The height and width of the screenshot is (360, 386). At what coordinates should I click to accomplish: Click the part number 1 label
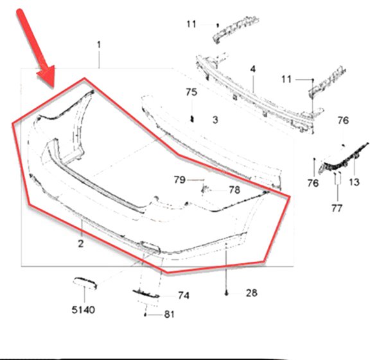tap(99, 45)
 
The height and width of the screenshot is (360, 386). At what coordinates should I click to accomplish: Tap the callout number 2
tap(81, 243)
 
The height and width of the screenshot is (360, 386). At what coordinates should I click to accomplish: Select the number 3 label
tap(215, 120)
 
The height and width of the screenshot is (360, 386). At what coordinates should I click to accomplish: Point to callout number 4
tap(253, 69)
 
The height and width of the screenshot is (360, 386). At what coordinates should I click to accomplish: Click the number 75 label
tap(191, 92)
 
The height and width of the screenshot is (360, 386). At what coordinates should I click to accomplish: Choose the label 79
tap(179, 180)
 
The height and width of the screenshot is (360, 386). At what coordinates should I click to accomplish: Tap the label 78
tap(234, 190)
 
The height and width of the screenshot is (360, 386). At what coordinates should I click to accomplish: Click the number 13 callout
tap(355, 182)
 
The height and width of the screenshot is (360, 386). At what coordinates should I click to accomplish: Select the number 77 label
tap(337, 209)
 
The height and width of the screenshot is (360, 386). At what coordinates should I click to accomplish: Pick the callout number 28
tap(252, 293)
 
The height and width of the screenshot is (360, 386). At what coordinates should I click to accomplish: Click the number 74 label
tap(184, 295)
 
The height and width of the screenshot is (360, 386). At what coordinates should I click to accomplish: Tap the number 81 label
tap(169, 314)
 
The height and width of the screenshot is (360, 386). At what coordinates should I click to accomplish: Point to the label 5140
tap(83, 310)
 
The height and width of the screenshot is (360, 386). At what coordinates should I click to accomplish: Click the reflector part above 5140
tap(85, 283)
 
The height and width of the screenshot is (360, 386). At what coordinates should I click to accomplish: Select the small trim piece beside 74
tap(146, 294)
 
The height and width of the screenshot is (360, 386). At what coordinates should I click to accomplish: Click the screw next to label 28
tap(226, 293)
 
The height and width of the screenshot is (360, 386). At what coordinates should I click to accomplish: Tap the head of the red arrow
tap(48, 76)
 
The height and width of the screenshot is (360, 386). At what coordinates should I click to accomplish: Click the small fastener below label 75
tap(192, 119)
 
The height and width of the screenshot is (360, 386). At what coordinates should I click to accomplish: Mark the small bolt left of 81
tap(145, 314)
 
